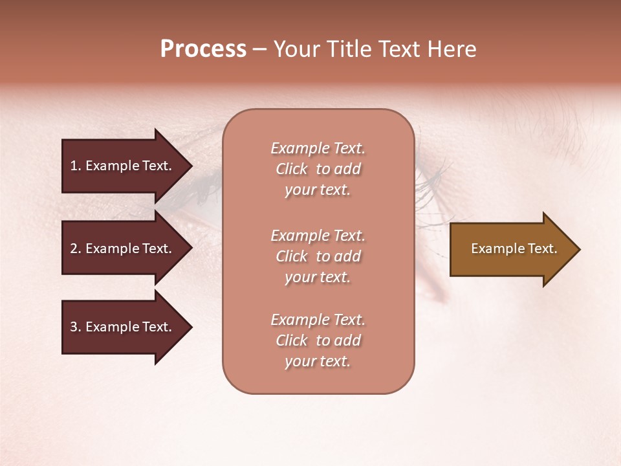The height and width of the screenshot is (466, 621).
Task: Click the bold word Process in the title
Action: (x=203, y=49)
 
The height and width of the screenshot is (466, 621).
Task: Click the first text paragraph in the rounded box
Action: (x=318, y=169)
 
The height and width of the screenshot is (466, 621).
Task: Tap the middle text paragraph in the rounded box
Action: (x=318, y=256)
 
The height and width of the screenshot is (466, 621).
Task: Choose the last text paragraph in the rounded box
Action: (x=318, y=340)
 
